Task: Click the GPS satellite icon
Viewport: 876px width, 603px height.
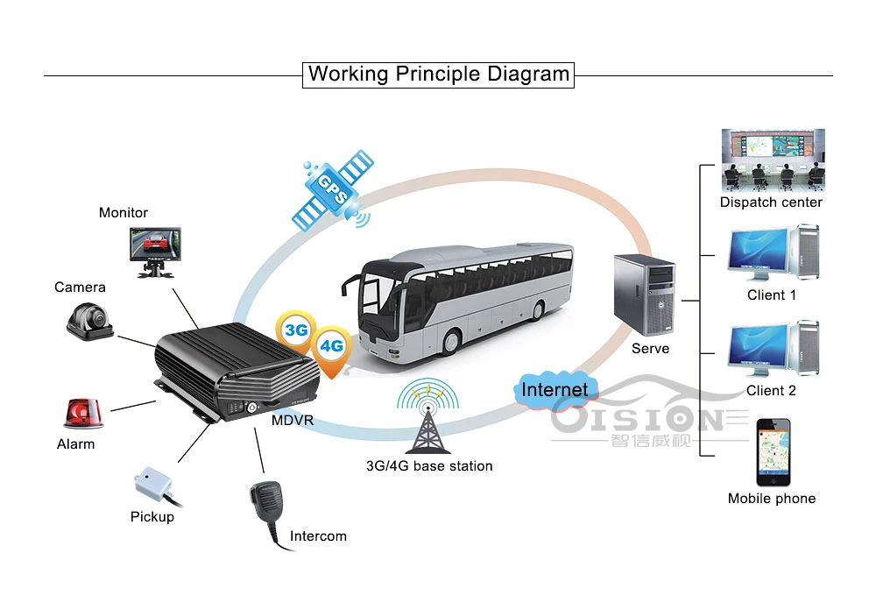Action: (x=333, y=190)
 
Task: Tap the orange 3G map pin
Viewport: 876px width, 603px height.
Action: (x=295, y=331)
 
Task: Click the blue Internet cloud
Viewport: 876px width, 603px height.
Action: (x=555, y=389)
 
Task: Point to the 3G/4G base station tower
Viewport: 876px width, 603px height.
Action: (x=428, y=416)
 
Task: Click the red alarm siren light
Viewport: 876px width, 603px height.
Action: (x=84, y=414)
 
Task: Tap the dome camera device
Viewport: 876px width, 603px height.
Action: (x=90, y=322)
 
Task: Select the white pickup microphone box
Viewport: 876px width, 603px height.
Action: (x=153, y=484)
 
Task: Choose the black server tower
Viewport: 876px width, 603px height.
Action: (x=644, y=294)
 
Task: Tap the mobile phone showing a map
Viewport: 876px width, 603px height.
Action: (x=774, y=452)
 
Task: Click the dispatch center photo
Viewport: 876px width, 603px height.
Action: (x=774, y=160)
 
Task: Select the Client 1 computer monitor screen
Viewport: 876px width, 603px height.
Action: (x=758, y=249)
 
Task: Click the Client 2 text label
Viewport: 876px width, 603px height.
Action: (x=771, y=391)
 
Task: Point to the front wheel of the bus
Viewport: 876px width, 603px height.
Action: (x=450, y=340)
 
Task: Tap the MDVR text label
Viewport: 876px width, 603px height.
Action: (x=293, y=420)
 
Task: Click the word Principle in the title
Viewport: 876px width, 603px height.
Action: (x=438, y=74)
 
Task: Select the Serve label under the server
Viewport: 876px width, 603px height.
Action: (x=650, y=349)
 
